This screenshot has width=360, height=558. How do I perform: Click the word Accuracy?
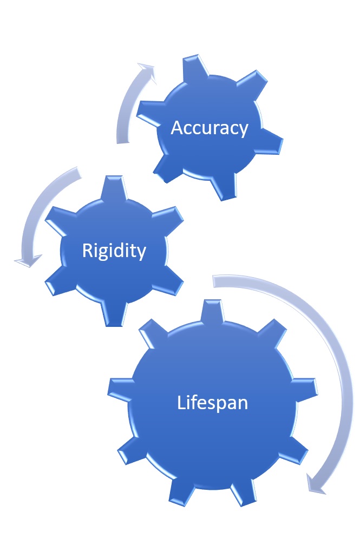click(209, 128)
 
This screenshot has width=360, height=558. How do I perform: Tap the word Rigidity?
click(114, 251)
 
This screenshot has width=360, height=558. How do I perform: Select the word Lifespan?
click(212, 403)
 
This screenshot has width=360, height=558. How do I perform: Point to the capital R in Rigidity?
click(87, 250)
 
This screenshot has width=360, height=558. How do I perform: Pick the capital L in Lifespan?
click(181, 402)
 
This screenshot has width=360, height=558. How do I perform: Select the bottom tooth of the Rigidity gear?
click(115, 314)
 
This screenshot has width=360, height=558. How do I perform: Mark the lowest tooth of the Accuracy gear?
click(223, 187)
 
